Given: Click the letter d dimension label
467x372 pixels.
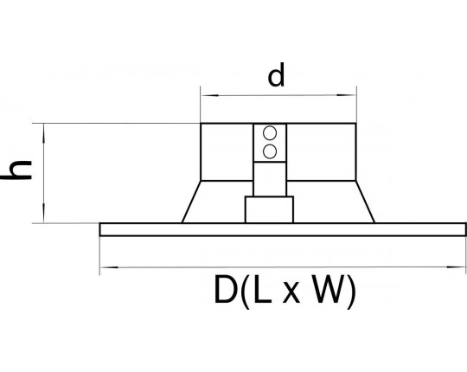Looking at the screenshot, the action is point(276,74).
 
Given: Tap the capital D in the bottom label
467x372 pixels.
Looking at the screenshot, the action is point(225,290).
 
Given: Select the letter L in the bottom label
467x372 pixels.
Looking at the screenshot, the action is point(263,290).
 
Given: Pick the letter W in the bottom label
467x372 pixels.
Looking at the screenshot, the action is point(328,290).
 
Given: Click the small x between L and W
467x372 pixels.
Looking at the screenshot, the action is point(291,293).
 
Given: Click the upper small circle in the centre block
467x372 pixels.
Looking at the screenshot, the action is point(270,133).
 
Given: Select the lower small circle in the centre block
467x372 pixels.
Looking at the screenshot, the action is point(270,151).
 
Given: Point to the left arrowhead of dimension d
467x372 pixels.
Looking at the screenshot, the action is point(210,96).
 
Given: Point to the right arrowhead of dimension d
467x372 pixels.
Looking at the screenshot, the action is point(347,95).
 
